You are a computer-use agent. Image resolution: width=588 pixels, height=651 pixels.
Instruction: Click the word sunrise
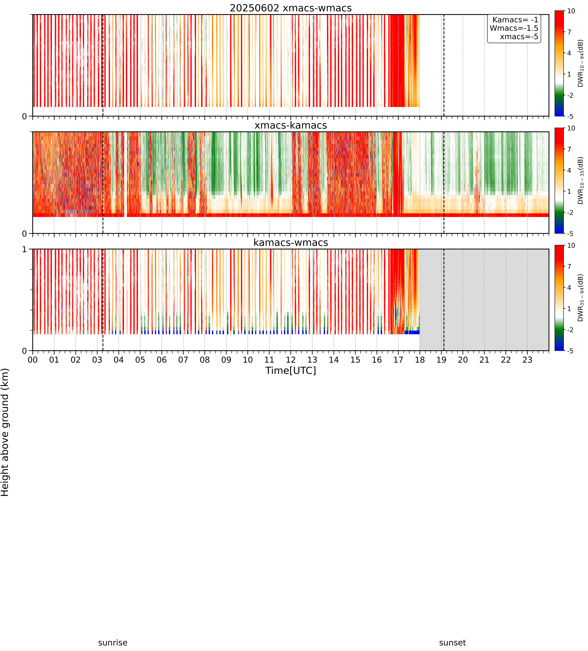click(x=113, y=643)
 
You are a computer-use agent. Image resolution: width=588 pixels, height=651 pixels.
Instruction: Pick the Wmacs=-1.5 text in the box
click(x=514, y=28)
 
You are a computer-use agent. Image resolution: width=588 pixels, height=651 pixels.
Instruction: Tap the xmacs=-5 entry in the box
click(x=519, y=37)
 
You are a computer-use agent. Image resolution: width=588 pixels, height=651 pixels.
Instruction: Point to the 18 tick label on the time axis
click(x=420, y=360)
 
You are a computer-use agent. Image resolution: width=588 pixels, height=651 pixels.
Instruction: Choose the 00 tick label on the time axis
click(x=33, y=360)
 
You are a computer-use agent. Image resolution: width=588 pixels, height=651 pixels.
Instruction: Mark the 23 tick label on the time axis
click(x=527, y=360)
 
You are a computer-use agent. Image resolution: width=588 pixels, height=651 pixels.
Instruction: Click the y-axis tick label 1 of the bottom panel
click(x=24, y=250)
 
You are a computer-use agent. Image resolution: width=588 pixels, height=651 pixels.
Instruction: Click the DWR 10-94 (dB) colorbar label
click(x=581, y=63)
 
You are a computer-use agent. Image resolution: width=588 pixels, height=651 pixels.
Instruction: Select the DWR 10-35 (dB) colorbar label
click(x=581, y=180)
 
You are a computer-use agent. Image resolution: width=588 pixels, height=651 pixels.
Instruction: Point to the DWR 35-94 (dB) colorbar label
click(x=581, y=298)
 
